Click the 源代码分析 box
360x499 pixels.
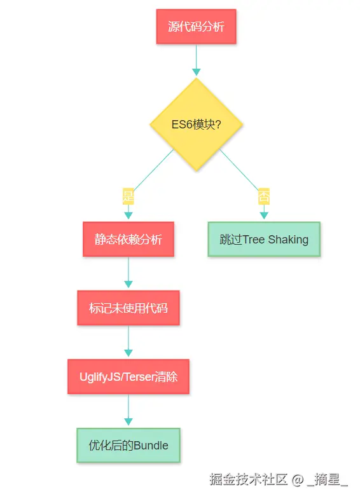click(196, 27)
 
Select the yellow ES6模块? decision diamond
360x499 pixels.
click(197, 125)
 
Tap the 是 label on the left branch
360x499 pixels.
click(128, 196)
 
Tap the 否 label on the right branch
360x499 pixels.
click(264, 196)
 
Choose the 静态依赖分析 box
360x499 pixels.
click(128, 239)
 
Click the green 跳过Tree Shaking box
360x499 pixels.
click(264, 239)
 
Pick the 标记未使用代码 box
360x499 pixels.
click(128, 308)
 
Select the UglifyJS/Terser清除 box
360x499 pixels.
click(128, 376)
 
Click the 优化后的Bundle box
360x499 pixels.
click(128, 445)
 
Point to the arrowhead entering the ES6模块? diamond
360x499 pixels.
click(197, 72)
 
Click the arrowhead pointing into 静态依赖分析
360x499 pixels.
click(128, 215)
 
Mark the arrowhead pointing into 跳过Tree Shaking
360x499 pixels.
click(264, 215)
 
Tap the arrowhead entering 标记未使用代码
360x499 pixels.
click(128, 284)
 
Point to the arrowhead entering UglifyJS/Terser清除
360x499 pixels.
click(128, 353)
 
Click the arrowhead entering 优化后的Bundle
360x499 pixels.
click(128, 421)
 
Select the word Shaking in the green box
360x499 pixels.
click(288, 240)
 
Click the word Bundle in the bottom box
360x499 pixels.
click(151, 446)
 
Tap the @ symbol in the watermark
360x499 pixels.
click(298, 479)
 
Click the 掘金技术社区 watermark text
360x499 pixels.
click(249, 479)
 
